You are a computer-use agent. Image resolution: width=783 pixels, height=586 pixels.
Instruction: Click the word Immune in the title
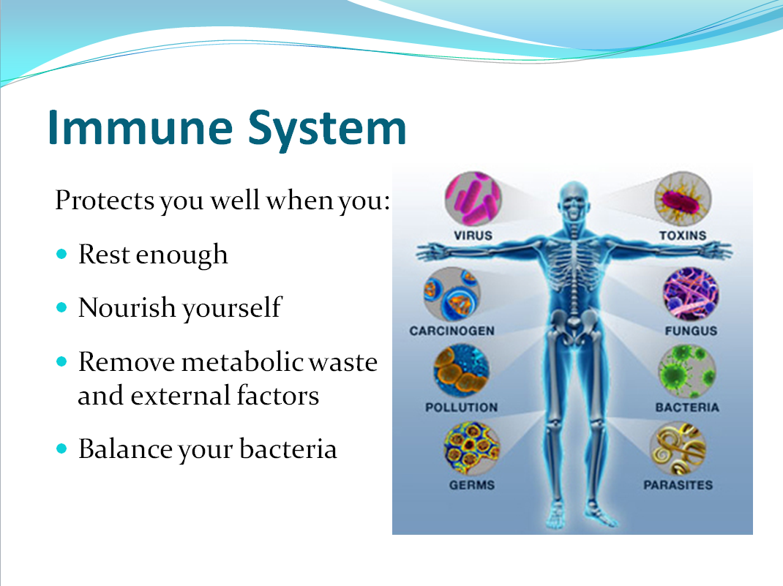point(141,128)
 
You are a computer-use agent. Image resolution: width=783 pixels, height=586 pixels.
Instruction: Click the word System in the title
point(327,131)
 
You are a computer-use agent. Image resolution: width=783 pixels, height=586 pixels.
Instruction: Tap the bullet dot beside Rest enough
point(61,254)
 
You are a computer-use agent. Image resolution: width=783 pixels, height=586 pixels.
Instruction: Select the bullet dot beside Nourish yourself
point(61,307)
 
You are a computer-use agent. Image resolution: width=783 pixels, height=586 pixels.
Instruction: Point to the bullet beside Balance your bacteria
point(61,448)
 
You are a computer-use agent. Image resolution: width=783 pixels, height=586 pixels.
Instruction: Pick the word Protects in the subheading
point(105,200)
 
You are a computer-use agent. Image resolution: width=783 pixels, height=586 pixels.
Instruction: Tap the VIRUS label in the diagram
point(473,235)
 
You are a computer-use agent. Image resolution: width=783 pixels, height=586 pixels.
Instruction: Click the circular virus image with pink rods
point(473,199)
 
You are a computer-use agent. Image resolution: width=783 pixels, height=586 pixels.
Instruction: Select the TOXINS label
point(683,235)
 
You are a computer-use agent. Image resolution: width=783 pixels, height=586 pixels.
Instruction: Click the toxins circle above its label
point(683,199)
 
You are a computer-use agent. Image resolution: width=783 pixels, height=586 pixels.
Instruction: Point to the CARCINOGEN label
point(452,331)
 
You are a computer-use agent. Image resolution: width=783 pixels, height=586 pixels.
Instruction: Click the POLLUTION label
point(462,407)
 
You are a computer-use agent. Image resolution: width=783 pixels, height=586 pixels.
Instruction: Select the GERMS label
point(472,484)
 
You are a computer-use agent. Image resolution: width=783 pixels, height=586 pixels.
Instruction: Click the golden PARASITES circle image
point(678,448)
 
